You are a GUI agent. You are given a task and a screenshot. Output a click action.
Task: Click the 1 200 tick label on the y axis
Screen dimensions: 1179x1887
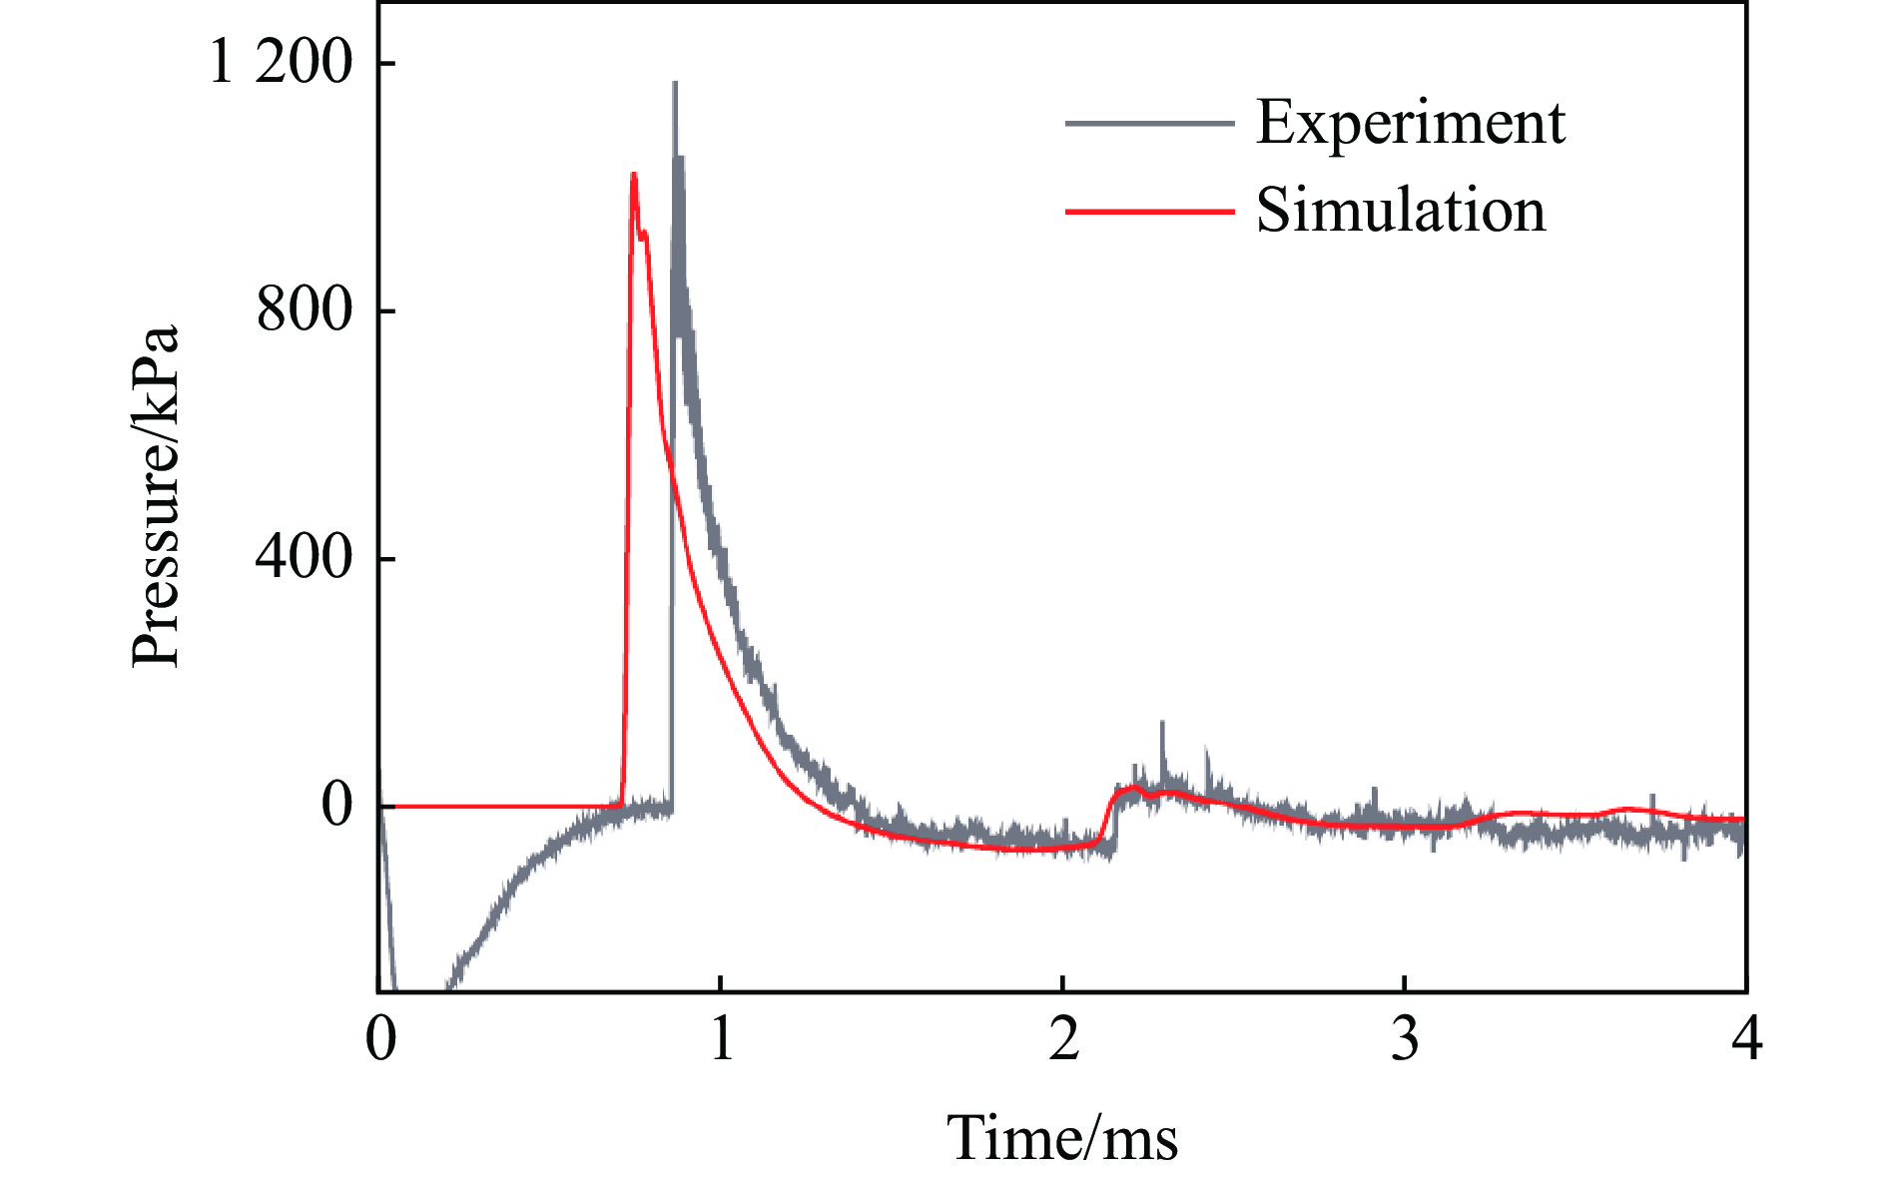pyautogui.click(x=281, y=62)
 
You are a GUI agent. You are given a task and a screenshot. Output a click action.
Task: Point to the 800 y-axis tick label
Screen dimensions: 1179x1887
pyautogui.click(x=305, y=309)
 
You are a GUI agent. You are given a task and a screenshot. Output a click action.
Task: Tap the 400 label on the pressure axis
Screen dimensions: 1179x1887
pyautogui.click(x=305, y=557)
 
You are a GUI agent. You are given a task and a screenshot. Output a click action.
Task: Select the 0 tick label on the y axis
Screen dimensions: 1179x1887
pyautogui.click(x=337, y=805)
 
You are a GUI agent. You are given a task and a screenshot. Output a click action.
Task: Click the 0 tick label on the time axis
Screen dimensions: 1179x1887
pyautogui.click(x=380, y=1039)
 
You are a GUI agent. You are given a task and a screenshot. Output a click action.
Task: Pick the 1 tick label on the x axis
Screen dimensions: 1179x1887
pyautogui.click(x=721, y=1039)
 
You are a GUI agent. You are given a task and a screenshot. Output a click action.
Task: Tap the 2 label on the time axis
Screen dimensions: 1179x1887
pyautogui.click(x=1063, y=1039)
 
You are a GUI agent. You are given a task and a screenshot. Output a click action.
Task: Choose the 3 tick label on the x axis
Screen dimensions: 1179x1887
pyautogui.click(x=1405, y=1039)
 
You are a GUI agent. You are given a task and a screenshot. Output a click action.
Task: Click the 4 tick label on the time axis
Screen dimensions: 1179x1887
pyautogui.click(x=1746, y=1039)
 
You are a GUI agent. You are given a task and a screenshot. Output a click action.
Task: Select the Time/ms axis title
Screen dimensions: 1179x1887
pyautogui.click(x=1062, y=1137)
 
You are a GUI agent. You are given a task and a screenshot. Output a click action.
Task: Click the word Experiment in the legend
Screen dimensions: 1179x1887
pyautogui.click(x=1410, y=123)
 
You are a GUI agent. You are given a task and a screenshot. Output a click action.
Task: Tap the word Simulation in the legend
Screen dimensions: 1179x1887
pyautogui.click(x=1400, y=211)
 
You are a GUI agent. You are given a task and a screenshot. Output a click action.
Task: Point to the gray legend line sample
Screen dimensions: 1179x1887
pyautogui.click(x=1149, y=123)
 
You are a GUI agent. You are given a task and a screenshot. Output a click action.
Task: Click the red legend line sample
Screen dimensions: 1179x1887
pyautogui.click(x=1149, y=211)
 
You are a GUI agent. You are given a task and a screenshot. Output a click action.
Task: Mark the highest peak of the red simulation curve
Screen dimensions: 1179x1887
pyautogui.click(x=633, y=175)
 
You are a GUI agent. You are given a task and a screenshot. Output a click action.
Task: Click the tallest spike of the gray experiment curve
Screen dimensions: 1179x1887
pyautogui.click(x=675, y=84)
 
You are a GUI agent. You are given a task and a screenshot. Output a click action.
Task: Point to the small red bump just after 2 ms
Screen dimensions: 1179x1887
pyautogui.click(x=1132, y=788)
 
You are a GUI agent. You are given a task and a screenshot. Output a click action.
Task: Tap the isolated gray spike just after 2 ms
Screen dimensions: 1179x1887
pyautogui.click(x=1162, y=723)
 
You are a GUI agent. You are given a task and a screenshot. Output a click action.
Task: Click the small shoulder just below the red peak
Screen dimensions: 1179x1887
pyautogui.click(x=645, y=233)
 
